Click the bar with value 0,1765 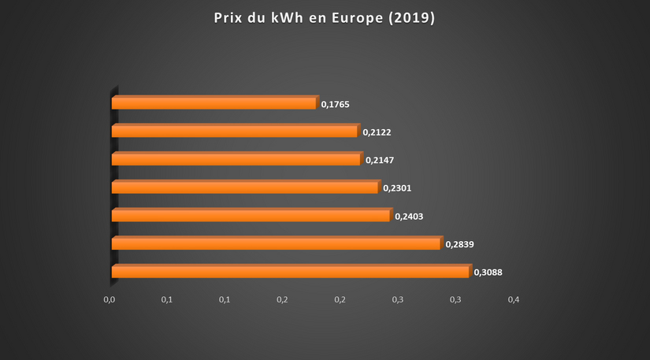[214, 103]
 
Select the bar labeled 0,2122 [235, 132]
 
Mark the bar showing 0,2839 [276, 244]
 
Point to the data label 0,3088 [488, 273]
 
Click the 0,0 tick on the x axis [110, 300]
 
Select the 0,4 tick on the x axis [514, 300]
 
